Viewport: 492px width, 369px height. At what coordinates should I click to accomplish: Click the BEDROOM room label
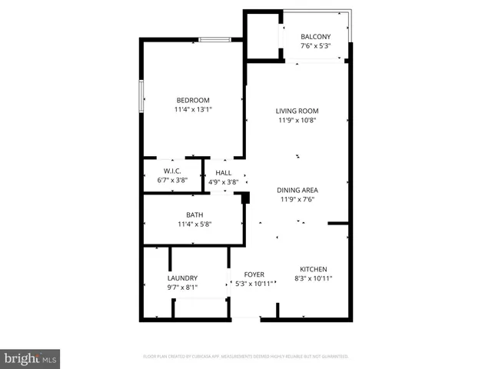(193, 100)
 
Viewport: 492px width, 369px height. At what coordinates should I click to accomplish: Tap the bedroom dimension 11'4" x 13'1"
(193, 110)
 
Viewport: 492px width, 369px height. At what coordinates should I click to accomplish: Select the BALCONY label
(315, 37)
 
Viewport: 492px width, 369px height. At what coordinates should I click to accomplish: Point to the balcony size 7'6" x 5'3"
(315, 46)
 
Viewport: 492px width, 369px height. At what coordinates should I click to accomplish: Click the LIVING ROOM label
(297, 111)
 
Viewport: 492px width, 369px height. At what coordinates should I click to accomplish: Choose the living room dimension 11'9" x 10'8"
(297, 120)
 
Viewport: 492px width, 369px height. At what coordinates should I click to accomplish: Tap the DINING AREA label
(298, 190)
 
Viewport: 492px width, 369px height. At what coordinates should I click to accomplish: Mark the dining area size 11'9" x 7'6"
(298, 199)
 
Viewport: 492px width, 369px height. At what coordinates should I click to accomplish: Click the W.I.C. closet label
(172, 171)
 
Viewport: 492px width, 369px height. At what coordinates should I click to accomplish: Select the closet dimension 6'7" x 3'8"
(172, 180)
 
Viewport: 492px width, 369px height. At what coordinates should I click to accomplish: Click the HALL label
(224, 173)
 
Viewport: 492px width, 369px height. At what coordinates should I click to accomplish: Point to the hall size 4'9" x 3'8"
(224, 182)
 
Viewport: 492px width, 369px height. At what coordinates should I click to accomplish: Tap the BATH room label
(194, 214)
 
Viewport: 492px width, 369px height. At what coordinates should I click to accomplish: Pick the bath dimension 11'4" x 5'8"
(194, 224)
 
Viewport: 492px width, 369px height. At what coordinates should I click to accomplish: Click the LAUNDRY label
(183, 278)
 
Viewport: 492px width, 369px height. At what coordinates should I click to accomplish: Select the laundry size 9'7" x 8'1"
(183, 288)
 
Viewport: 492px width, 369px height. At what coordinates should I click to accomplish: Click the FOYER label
(254, 274)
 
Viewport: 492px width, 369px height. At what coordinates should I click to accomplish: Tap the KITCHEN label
(314, 269)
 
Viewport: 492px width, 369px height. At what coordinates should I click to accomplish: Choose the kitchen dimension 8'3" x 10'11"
(314, 278)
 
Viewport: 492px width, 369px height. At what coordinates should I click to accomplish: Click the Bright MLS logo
(31, 358)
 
